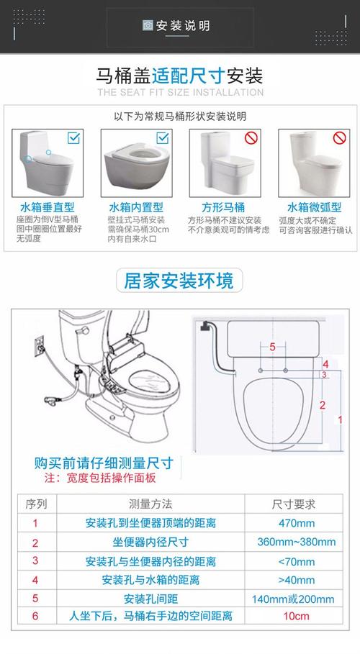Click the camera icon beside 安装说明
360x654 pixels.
148,25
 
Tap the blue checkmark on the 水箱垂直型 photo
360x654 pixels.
73,137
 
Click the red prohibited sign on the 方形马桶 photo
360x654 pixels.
251,137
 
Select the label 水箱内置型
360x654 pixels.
136,207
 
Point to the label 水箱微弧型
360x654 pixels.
315,207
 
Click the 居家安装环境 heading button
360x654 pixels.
179,280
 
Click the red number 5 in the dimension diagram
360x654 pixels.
273,347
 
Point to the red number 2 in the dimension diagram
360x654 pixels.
323,404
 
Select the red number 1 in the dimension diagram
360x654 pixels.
341,419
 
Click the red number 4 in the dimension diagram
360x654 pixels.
325,364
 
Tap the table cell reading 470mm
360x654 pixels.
297,523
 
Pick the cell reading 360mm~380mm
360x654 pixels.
297,542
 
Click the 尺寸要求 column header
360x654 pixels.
294,504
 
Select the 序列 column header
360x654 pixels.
36,504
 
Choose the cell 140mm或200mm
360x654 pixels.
293,599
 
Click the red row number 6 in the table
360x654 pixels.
35,616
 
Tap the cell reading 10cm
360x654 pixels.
297,616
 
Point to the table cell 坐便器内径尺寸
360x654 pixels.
150,542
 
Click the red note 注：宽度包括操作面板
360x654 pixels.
100,478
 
